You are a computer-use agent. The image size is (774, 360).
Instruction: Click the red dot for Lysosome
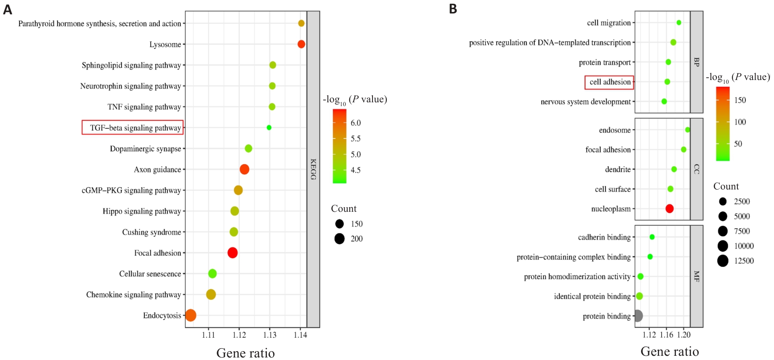coord(301,44)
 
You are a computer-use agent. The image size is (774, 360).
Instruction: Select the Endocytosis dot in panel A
coord(191,315)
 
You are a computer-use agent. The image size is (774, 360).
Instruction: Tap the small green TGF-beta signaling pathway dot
coord(269,128)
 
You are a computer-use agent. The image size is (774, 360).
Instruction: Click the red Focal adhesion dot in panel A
coord(232,253)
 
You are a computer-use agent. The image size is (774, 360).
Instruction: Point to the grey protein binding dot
coord(637,316)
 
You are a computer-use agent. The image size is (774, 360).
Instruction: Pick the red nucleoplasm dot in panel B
coord(669,208)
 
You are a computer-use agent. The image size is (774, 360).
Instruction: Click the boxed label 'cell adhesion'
coord(609,82)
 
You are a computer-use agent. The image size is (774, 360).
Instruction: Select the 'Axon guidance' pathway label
coord(157,170)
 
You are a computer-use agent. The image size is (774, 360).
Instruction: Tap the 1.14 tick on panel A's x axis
coord(300,335)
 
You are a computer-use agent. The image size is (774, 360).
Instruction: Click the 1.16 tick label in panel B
coord(666,335)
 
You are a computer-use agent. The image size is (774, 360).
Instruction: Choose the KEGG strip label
coord(313,169)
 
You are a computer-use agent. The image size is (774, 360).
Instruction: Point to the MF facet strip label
coord(697,276)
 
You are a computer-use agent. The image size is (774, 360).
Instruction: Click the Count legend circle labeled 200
coord(340,239)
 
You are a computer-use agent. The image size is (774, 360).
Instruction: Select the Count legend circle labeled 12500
coord(723,261)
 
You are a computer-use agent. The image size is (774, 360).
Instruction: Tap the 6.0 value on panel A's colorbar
coord(356,123)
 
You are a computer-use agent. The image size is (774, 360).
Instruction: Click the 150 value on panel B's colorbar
coord(740,100)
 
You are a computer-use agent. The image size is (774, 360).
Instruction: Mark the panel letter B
coord(453,9)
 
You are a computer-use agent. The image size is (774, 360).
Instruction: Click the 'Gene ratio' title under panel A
coord(245,353)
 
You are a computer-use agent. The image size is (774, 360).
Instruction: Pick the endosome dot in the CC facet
coord(687,130)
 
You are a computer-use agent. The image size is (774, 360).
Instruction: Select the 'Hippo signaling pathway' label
coord(142,211)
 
